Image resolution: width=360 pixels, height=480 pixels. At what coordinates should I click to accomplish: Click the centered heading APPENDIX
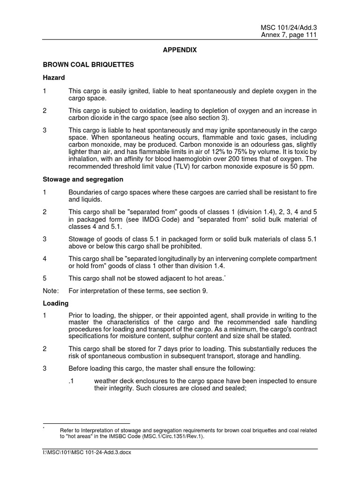pyautogui.click(x=180, y=49)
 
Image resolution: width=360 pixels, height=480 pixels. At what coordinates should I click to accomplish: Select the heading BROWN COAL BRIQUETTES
pyautogui.click(x=89, y=65)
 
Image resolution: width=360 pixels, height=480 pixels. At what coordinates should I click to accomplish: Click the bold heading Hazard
pyautogui.click(x=54, y=77)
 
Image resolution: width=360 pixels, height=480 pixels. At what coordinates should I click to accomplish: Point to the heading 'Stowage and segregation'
pyautogui.click(x=83, y=179)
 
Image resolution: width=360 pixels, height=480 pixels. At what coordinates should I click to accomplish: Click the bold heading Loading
pyautogui.click(x=56, y=303)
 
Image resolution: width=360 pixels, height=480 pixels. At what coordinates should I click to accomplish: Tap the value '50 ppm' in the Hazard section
pyautogui.click(x=304, y=167)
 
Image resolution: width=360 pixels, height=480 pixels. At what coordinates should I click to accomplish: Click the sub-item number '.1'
pyautogui.click(x=72, y=381)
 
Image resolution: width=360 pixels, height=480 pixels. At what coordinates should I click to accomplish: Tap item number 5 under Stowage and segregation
pyautogui.click(x=45, y=278)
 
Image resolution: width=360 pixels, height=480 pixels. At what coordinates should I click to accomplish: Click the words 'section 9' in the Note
pyautogui.click(x=192, y=291)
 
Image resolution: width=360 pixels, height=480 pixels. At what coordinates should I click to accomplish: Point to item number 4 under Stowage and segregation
pyautogui.click(x=45, y=259)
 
